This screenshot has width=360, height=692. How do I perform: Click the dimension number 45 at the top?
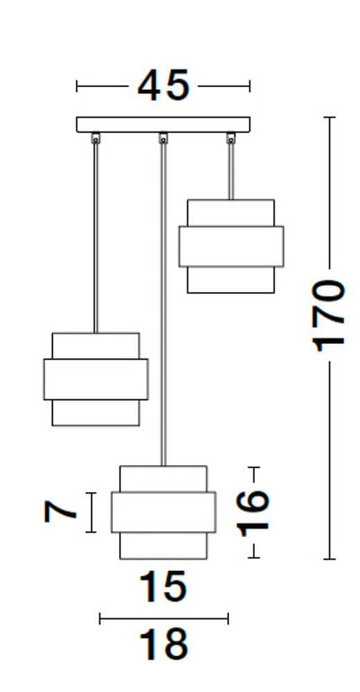(163, 85)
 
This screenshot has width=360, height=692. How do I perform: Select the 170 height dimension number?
(327, 315)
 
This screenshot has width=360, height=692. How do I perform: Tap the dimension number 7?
(60, 512)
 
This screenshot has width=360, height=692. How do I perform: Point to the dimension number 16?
(253, 512)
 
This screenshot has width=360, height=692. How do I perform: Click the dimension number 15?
(163, 586)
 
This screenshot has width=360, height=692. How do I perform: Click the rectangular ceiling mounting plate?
(163, 125)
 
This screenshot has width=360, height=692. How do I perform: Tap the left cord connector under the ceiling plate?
(96, 138)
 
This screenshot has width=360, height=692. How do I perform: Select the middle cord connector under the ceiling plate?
(163, 138)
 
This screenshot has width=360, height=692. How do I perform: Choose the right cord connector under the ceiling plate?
(231, 138)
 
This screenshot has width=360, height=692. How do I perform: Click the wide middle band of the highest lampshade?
(231, 246)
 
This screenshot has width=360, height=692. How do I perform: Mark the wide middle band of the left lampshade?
(96, 379)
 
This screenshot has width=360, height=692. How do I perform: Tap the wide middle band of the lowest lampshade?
(163, 512)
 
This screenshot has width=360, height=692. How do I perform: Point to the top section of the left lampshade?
(96, 346)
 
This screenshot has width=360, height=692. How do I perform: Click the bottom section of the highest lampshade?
(231, 280)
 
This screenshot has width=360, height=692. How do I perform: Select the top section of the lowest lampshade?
(163, 479)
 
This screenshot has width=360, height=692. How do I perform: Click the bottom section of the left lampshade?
(96, 413)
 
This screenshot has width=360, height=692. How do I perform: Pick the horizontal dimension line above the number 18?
(164, 618)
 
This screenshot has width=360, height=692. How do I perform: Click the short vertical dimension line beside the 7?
(91, 512)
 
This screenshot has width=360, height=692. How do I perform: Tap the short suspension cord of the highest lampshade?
(231, 172)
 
